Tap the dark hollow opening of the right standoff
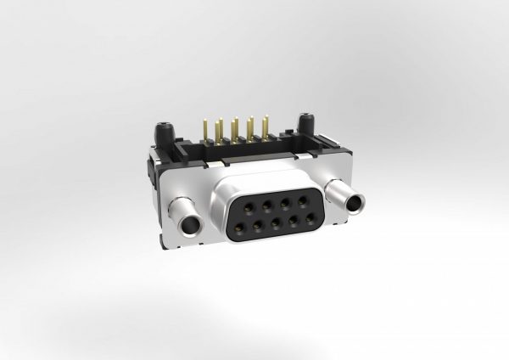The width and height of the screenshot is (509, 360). [353, 202]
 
